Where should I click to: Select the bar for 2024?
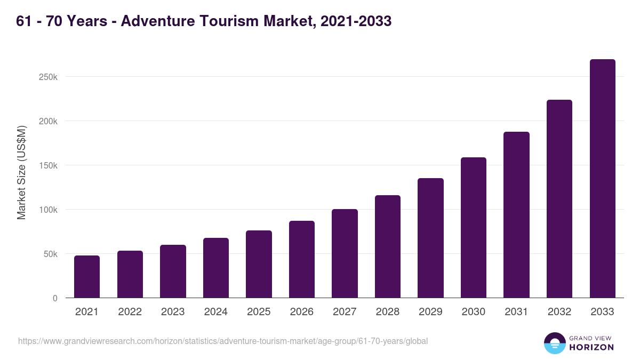coord(216,268)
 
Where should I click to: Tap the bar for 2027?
coord(345,253)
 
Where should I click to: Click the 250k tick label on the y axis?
coord(48,77)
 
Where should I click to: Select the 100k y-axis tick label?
coord(48,210)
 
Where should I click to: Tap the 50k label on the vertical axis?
coord(50,254)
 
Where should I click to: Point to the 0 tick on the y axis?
coord(55,298)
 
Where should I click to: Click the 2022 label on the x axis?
coord(130,312)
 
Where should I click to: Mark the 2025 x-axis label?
coord(259,312)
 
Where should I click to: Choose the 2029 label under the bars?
coord(430,312)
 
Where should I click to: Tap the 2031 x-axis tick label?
coord(516,312)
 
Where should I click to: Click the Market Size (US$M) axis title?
coord(21,172)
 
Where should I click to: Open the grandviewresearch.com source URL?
coord(223,341)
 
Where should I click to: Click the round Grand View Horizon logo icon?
coord(555,343)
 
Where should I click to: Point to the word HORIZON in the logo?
coord(591,347)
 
